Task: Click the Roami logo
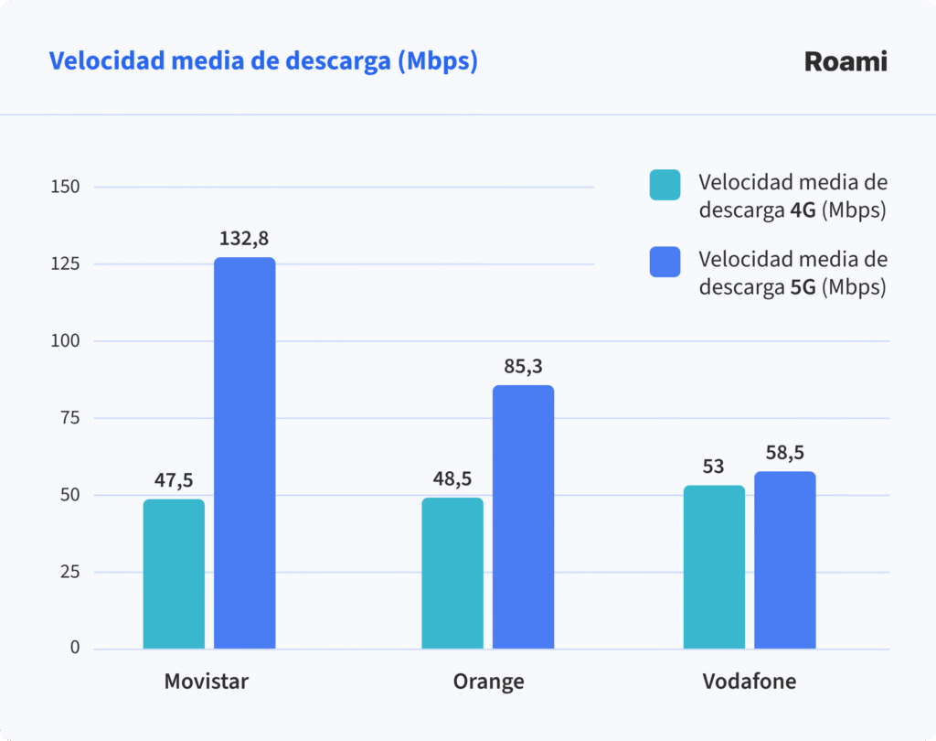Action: [x=846, y=62]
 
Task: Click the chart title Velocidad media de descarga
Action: [x=263, y=62]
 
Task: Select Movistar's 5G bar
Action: [x=245, y=453]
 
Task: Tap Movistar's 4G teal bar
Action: [x=174, y=574]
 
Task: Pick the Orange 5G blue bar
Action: [x=523, y=517]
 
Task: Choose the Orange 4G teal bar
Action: [x=452, y=574]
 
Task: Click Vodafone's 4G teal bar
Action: [x=714, y=567]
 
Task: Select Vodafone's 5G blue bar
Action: [x=784, y=560]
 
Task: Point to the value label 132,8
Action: [x=244, y=239]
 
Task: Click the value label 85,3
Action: [x=523, y=367]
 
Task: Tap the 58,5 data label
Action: [x=784, y=453]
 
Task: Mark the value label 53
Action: [x=713, y=467]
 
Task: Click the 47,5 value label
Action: [x=173, y=480]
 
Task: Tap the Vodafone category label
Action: [x=749, y=682]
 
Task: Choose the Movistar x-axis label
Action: [x=207, y=682]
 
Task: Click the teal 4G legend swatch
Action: [x=665, y=185]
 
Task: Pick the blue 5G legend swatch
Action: [x=665, y=262]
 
